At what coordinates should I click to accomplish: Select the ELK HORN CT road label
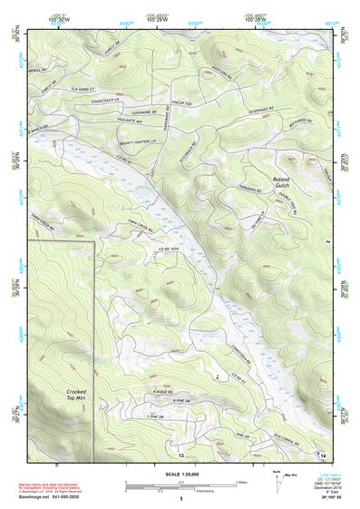click(x=88, y=87)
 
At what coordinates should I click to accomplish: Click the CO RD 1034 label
click(x=170, y=246)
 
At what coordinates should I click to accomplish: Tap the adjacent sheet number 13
click(x=181, y=454)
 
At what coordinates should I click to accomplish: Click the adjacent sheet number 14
click(x=324, y=454)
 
